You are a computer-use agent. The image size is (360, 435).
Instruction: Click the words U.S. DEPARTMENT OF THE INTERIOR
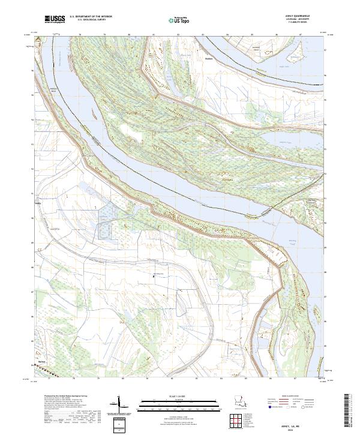(x=91, y=17)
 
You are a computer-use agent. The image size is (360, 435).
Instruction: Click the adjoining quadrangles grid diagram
(x=238, y=422)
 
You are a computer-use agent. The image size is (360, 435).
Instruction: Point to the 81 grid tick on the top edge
(x=154, y=35)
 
